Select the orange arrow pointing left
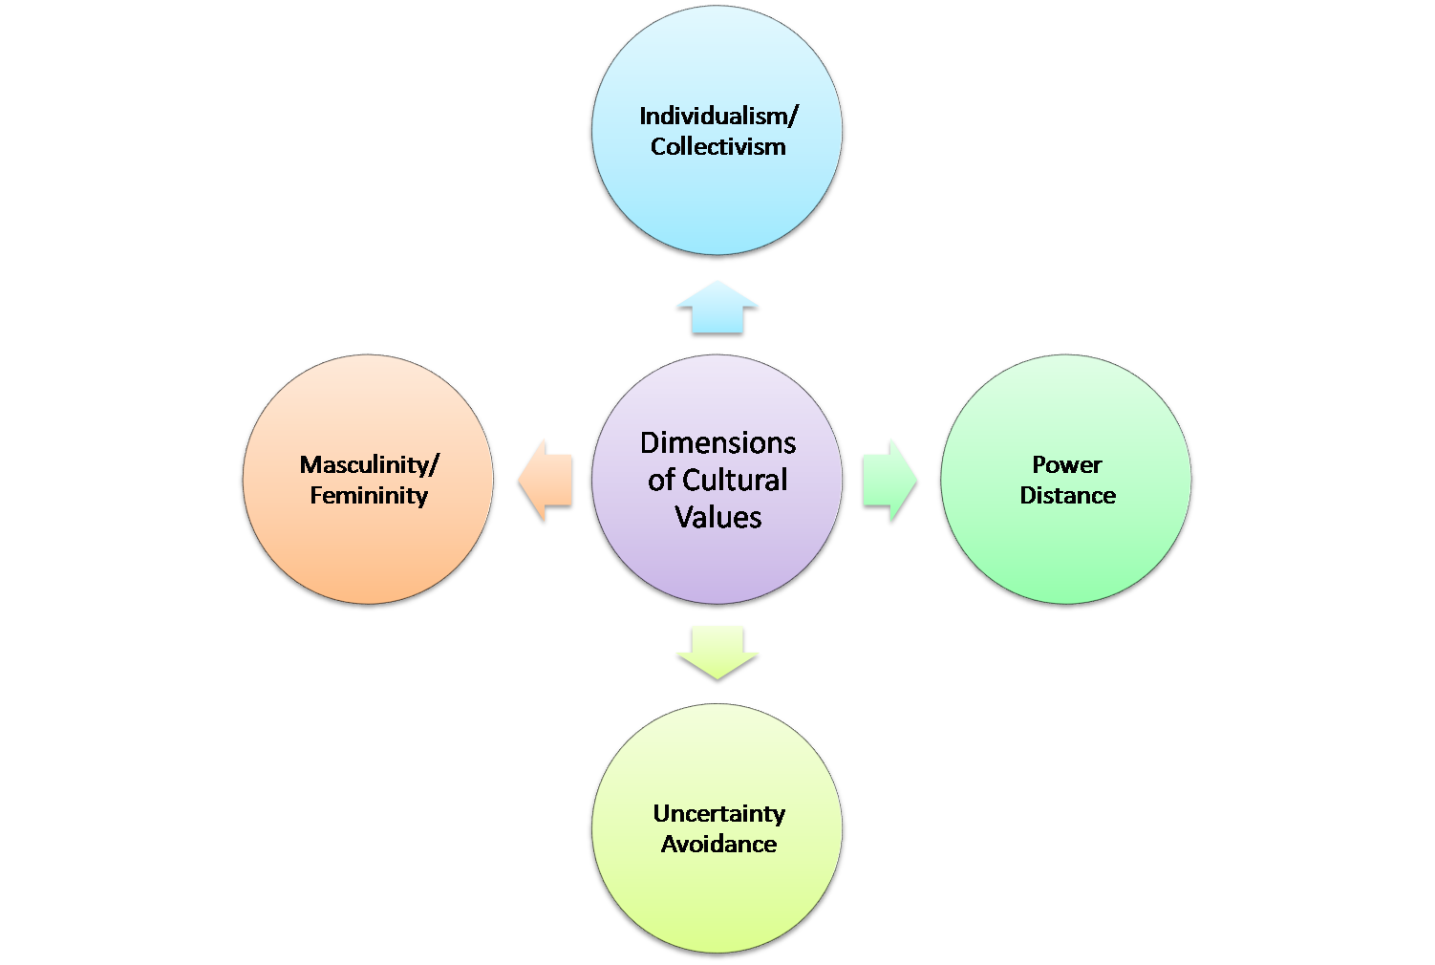547,481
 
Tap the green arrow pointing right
888,481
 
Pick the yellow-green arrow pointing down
717,653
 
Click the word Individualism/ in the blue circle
718,117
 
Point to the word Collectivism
718,147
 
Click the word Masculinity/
369,465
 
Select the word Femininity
369,496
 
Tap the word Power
1067,465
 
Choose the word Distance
1067,496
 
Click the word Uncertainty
718,814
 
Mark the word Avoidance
718,845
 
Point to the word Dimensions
717,443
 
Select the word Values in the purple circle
717,517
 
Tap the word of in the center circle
661,481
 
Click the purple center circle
717,564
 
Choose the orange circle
368,554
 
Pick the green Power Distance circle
1066,554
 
